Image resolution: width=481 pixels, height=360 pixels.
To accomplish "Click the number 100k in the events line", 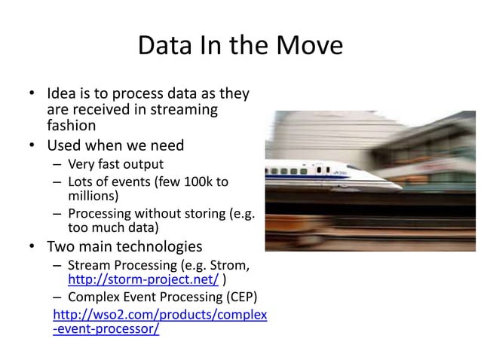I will (x=199, y=182).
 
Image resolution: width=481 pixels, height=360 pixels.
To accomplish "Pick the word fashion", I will (x=72, y=126).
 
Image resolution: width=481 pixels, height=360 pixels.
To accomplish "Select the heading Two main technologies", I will (x=124, y=246).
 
